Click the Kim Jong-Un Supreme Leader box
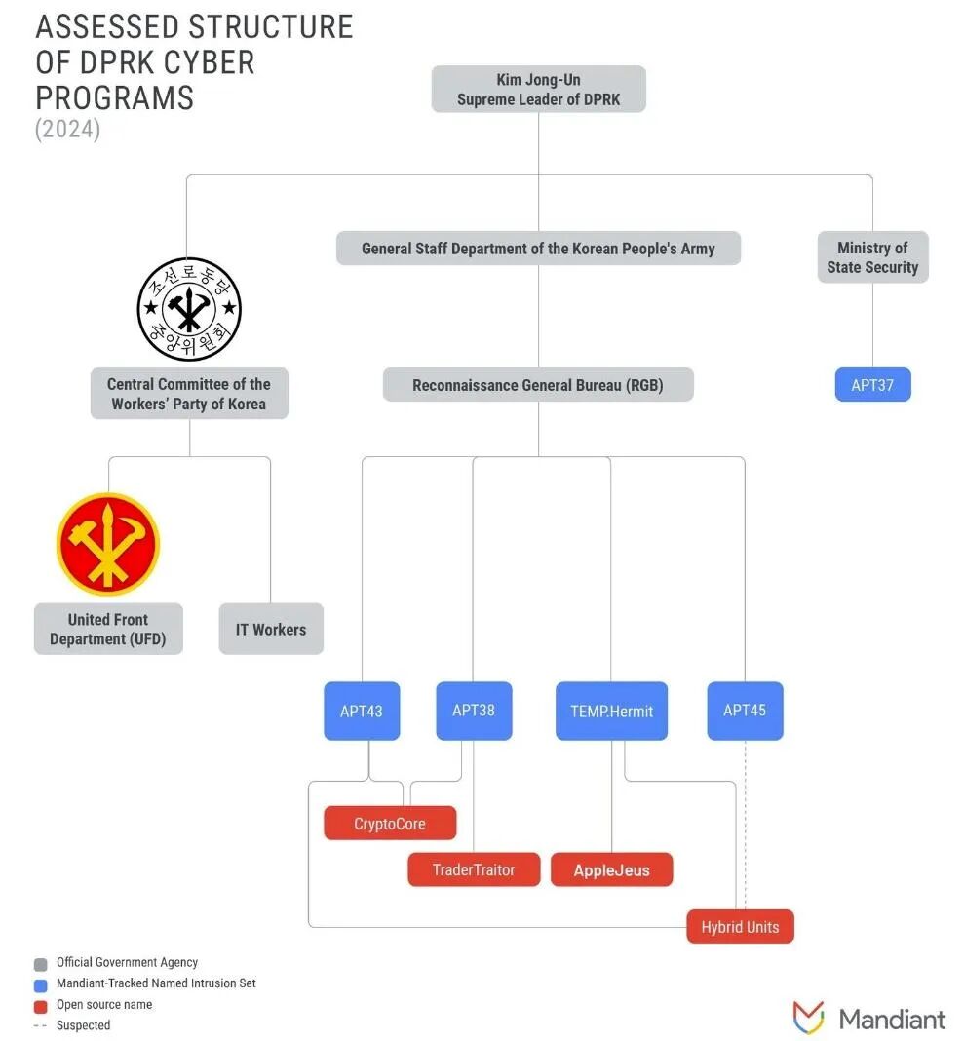click(x=538, y=90)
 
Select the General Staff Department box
click(x=538, y=249)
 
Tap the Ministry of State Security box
click(x=872, y=257)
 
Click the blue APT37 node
click(x=872, y=385)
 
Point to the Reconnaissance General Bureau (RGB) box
click(x=538, y=385)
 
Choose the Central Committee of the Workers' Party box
click(x=189, y=394)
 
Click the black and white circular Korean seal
click(x=189, y=309)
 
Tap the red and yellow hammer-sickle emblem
click(x=108, y=544)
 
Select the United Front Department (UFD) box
click(x=108, y=629)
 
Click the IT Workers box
click(x=271, y=630)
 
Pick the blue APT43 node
click(x=362, y=711)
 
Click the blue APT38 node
click(x=474, y=711)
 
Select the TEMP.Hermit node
click(x=611, y=711)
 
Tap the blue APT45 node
click(x=745, y=711)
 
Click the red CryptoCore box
click(x=390, y=824)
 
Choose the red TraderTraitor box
click(x=474, y=869)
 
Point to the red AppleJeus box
click(x=611, y=869)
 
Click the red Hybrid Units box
click(x=740, y=927)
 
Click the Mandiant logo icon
click(x=809, y=1019)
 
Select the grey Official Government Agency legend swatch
click(x=41, y=964)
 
